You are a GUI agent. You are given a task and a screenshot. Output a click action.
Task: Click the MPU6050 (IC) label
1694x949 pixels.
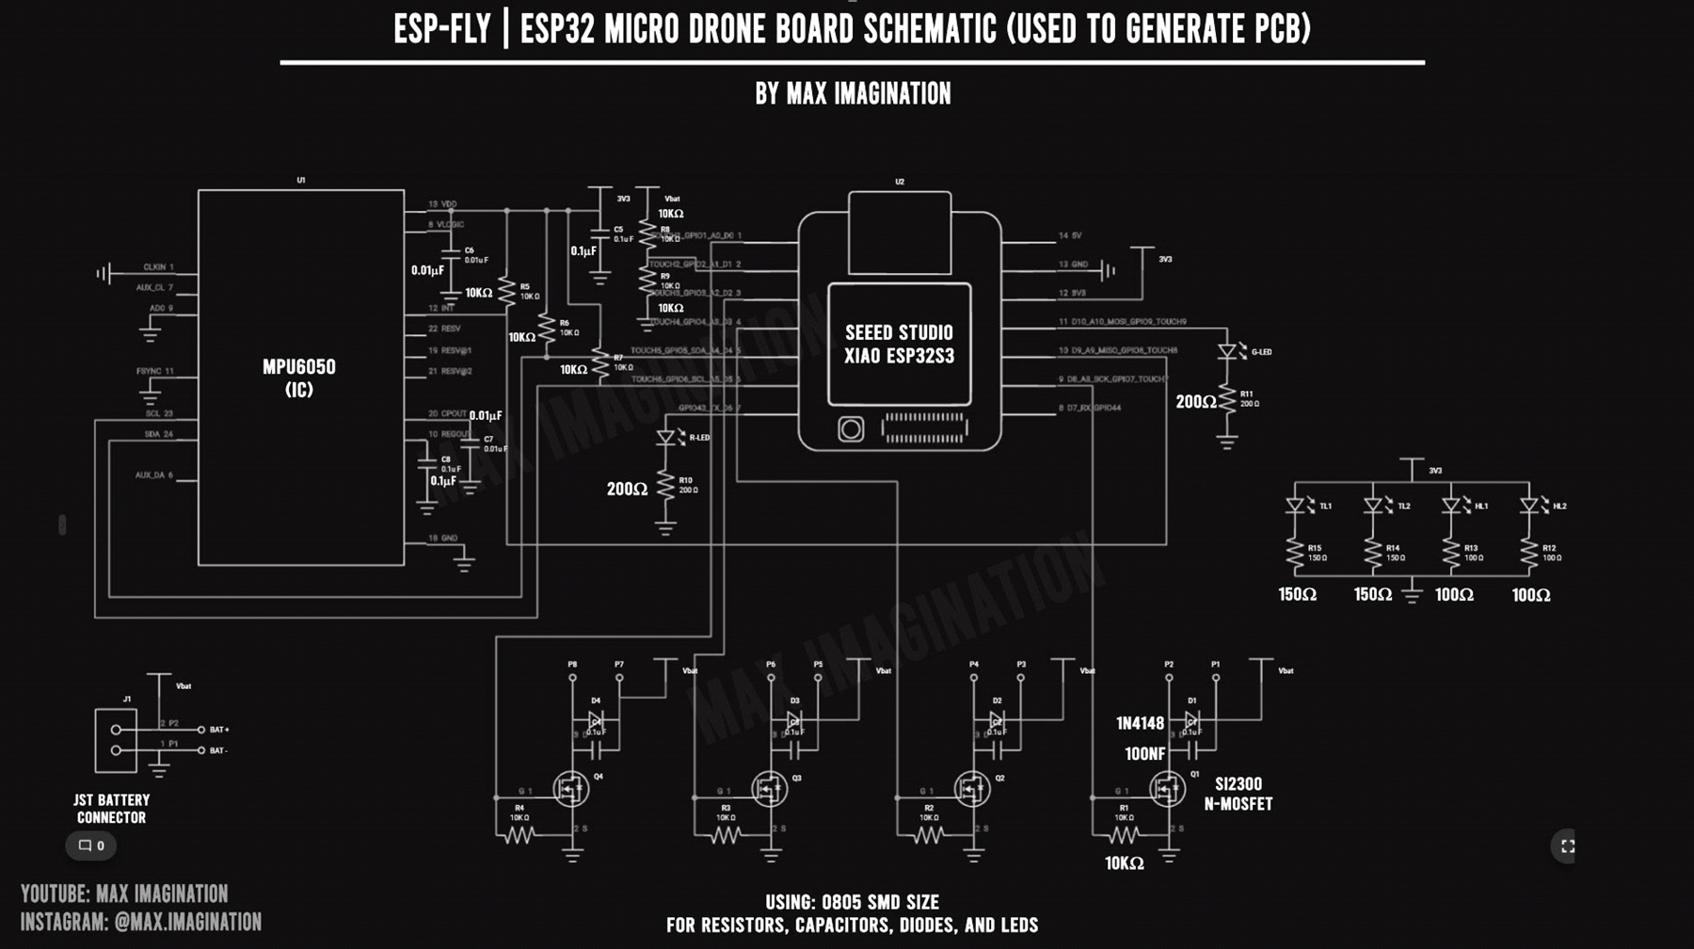point(298,378)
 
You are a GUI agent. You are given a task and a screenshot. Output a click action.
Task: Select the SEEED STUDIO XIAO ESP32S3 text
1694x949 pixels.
point(899,345)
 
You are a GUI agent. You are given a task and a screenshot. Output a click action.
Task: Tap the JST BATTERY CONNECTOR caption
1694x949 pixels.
point(111,809)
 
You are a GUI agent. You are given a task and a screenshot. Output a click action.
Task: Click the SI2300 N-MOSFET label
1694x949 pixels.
point(1238,794)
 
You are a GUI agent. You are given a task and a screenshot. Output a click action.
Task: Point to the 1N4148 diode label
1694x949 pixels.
point(1140,723)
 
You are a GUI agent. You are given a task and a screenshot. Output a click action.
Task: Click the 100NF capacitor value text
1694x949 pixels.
point(1144,754)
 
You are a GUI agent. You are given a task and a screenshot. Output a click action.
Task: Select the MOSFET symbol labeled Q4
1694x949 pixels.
point(570,789)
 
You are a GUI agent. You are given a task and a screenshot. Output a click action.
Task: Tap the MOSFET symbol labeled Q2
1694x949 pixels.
point(971,789)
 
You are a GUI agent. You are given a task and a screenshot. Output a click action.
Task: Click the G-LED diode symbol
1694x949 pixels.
point(1226,352)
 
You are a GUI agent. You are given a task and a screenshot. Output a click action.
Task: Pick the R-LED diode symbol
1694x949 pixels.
point(666,438)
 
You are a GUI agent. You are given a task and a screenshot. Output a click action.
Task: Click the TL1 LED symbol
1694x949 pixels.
point(1295,506)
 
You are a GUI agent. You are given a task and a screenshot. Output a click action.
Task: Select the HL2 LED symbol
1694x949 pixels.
point(1528,506)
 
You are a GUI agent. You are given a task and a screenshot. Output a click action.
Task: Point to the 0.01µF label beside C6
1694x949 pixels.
point(427,270)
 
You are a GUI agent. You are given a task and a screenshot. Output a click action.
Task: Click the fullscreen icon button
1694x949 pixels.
point(1567,846)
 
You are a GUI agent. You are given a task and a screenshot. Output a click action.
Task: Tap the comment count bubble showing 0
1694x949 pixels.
point(91,845)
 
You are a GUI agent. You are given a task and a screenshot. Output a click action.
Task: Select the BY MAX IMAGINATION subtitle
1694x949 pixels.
point(853,93)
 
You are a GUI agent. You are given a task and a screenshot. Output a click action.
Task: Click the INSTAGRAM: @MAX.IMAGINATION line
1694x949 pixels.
point(141,922)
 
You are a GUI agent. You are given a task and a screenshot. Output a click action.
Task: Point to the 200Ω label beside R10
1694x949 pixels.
point(627,489)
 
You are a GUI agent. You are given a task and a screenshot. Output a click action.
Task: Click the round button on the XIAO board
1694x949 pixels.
point(851,429)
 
